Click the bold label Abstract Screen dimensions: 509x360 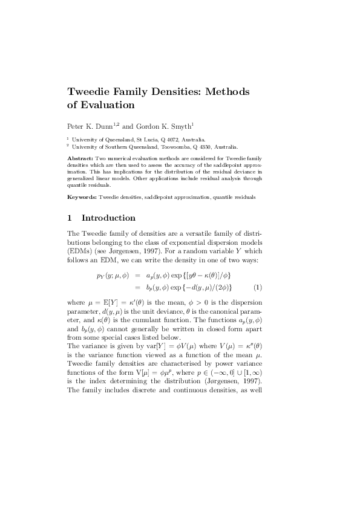(80, 157)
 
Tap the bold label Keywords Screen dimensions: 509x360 (82, 198)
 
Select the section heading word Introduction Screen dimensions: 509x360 (108, 218)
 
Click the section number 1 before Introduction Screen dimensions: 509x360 (70, 218)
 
